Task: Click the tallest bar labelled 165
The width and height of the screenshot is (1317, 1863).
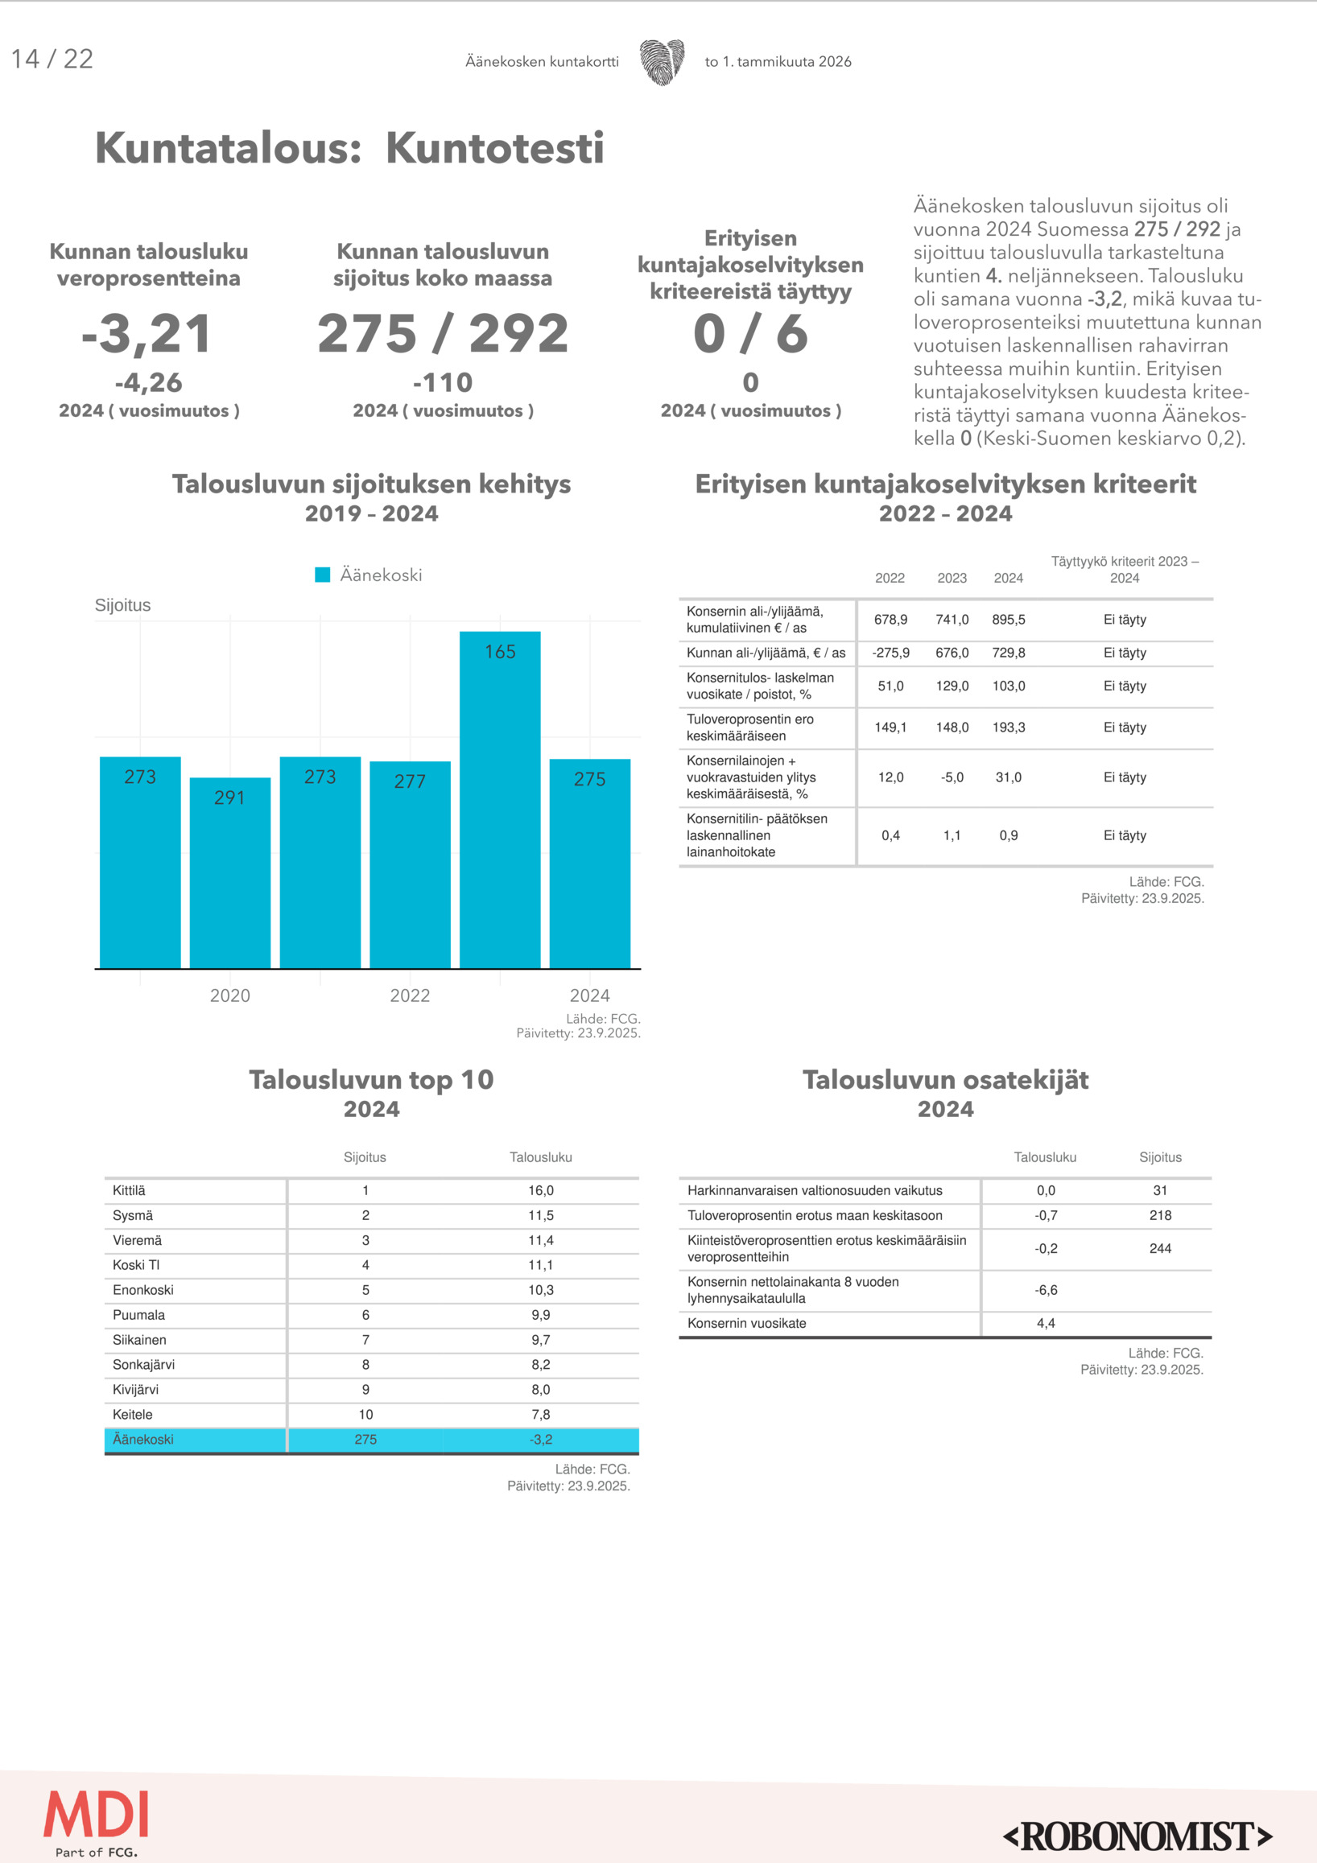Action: click(500, 799)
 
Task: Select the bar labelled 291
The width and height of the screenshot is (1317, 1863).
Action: click(229, 872)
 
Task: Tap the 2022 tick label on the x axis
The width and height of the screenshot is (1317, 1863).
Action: click(410, 995)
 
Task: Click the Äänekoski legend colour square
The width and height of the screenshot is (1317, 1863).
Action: click(322, 575)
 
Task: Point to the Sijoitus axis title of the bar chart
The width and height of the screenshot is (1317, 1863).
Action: click(122, 605)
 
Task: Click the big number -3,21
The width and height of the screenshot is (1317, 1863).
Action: click(147, 333)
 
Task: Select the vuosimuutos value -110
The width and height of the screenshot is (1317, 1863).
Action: click(442, 382)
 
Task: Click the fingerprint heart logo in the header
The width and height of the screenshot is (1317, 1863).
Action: click(662, 62)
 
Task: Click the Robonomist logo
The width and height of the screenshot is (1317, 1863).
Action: click(1137, 1836)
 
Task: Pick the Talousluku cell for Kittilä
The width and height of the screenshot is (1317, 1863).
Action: click(540, 1190)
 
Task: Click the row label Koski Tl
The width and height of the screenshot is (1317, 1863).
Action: click(136, 1265)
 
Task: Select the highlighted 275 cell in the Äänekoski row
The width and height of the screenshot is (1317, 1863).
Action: click(365, 1440)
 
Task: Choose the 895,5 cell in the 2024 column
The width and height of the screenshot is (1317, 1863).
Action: click(1009, 620)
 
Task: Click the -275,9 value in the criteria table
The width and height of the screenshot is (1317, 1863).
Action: click(890, 653)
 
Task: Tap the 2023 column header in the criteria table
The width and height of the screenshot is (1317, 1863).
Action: click(952, 578)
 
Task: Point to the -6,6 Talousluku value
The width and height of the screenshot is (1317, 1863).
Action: click(1046, 1290)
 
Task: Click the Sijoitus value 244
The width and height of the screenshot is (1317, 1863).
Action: click(1160, 1249)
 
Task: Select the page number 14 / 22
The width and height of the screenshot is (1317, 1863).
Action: click(53, 60)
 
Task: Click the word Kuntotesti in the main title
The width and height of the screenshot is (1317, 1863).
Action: click(494, 149)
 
